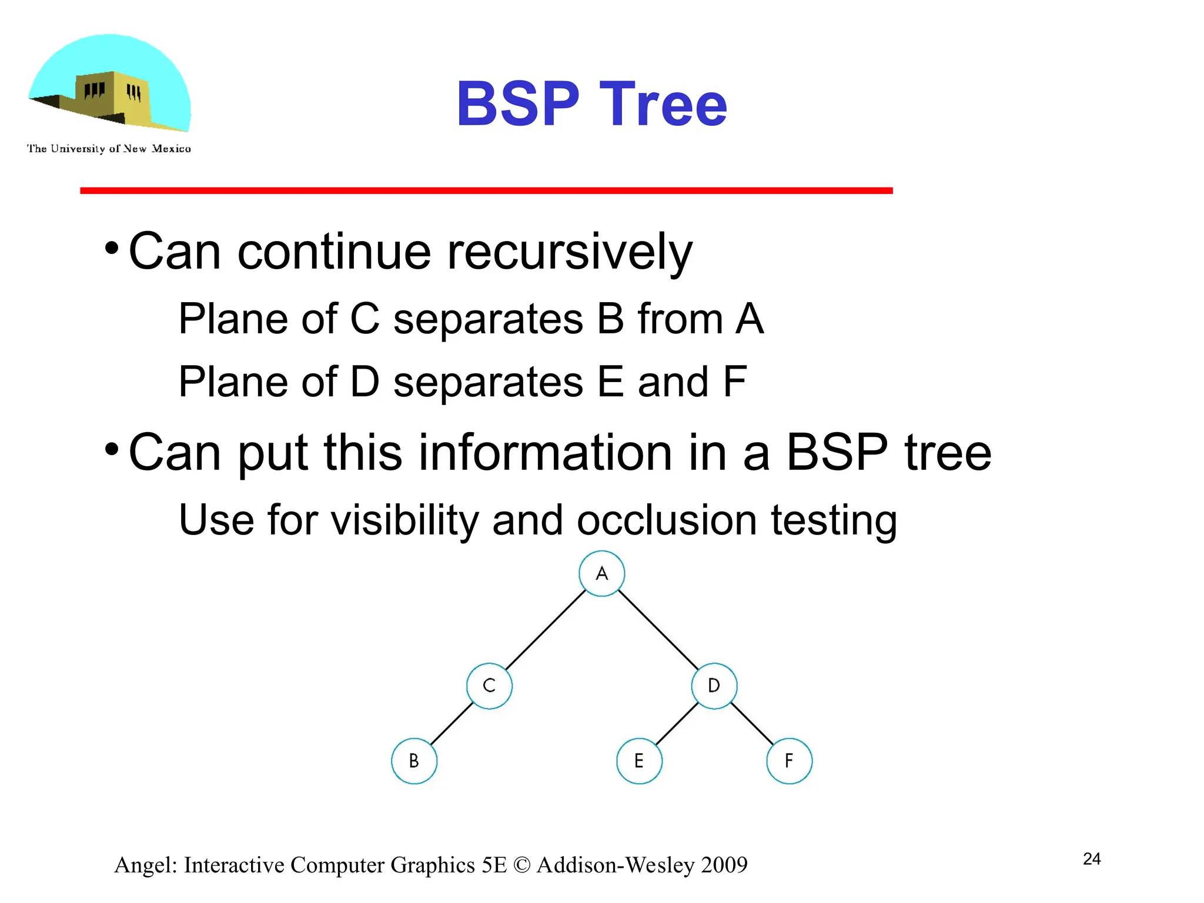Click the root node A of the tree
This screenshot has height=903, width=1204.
point(601,573)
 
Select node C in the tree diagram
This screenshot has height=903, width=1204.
point(489,685)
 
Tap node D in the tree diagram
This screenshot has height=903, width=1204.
point(714,685)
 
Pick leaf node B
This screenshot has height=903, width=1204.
point(414,761)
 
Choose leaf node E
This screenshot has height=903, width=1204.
point(639,761)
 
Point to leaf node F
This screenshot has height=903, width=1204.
point(789,761)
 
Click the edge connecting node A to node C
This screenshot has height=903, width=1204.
point(546,629)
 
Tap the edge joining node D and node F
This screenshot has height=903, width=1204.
point(752,723)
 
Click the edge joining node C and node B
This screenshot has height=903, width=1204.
point(451,723)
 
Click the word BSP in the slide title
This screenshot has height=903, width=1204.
point(518,104)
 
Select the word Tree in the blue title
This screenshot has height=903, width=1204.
point(663,104)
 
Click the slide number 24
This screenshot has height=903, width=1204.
point(1092,859)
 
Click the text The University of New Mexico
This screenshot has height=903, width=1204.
point(109,149)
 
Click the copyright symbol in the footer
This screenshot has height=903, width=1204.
point(521,865)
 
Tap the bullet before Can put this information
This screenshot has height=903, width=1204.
point(112,450)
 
